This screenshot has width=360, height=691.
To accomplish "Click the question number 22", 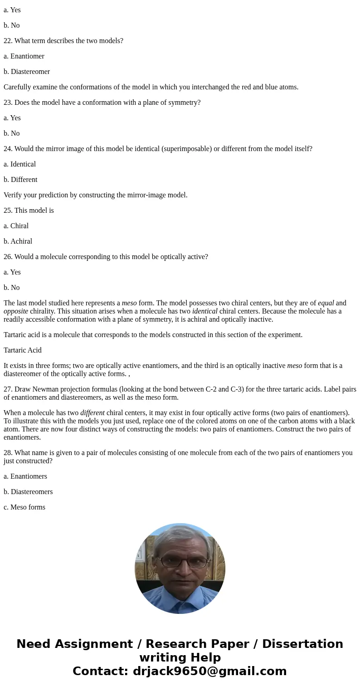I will pos(8,41).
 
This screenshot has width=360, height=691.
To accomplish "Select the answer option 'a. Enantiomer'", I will pos(24,56).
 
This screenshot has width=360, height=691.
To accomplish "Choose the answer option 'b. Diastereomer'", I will pos(27,72).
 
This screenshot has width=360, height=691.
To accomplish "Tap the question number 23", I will pos(8,103).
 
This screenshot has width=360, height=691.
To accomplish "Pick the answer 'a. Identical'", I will pos(20,164).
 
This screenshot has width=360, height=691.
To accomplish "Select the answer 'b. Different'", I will pos(20,180).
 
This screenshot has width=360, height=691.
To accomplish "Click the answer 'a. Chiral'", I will pos(16,226).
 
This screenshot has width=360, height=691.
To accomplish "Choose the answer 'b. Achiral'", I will pos(18,241).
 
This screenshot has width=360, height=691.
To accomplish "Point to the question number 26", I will pos(8,257).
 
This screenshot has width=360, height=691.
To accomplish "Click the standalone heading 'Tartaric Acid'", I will pos(23,350).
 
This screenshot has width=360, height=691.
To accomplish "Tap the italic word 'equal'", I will pos(326,303).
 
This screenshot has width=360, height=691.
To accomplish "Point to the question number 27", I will pos(8,389).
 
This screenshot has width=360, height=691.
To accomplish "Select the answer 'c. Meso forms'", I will pos(24,507).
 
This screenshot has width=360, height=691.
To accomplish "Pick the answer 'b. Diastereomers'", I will pos(28,492).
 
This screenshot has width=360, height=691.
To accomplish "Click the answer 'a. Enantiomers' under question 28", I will pos(25,476).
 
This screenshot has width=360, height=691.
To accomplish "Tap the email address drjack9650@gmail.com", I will pos(209,671).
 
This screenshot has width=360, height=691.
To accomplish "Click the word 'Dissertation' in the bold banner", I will pos(302,644).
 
